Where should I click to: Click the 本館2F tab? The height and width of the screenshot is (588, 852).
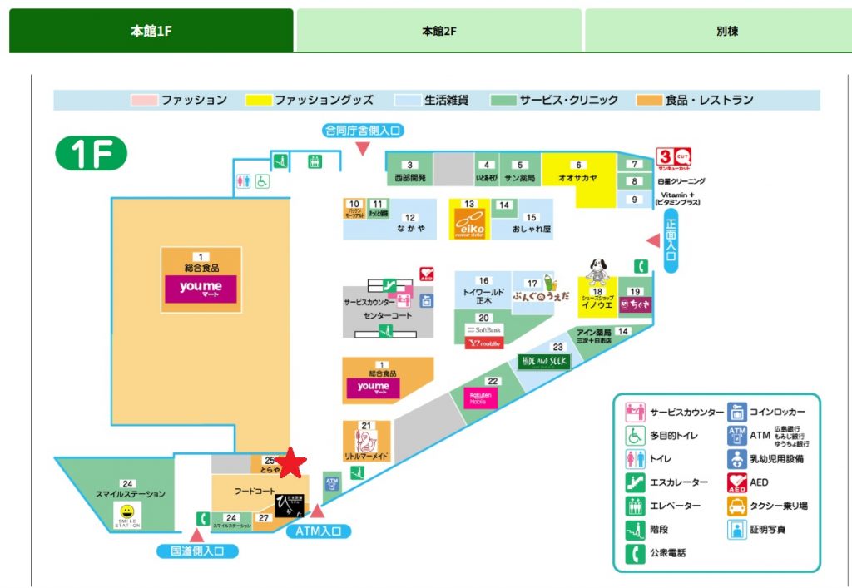pos(438,31)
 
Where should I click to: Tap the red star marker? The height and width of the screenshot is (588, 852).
pos(291,464)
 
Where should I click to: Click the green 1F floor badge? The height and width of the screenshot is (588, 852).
pos(91,154)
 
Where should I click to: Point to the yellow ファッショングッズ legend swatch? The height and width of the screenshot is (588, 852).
pos(260,101)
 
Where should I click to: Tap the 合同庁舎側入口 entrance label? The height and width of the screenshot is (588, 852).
pos(363,130)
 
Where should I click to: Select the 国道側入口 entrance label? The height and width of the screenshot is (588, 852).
pos(198,551)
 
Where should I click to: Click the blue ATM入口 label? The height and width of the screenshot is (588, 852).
pos(319,531)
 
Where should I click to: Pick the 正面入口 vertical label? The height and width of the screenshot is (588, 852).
pos(671,240)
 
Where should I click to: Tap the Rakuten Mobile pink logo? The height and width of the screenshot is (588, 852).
pos(480,398)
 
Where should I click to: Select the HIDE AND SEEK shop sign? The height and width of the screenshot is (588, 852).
pos(542,361)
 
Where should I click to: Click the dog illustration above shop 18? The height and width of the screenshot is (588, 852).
pos(596,271)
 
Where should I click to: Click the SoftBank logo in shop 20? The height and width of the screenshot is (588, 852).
pos(483,330)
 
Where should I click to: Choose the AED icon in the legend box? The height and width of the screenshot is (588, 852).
pos(736,482)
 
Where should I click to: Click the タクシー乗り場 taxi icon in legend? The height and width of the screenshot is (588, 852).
pos(736,506)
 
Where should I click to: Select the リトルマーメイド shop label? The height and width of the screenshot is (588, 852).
pos(367,457)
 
